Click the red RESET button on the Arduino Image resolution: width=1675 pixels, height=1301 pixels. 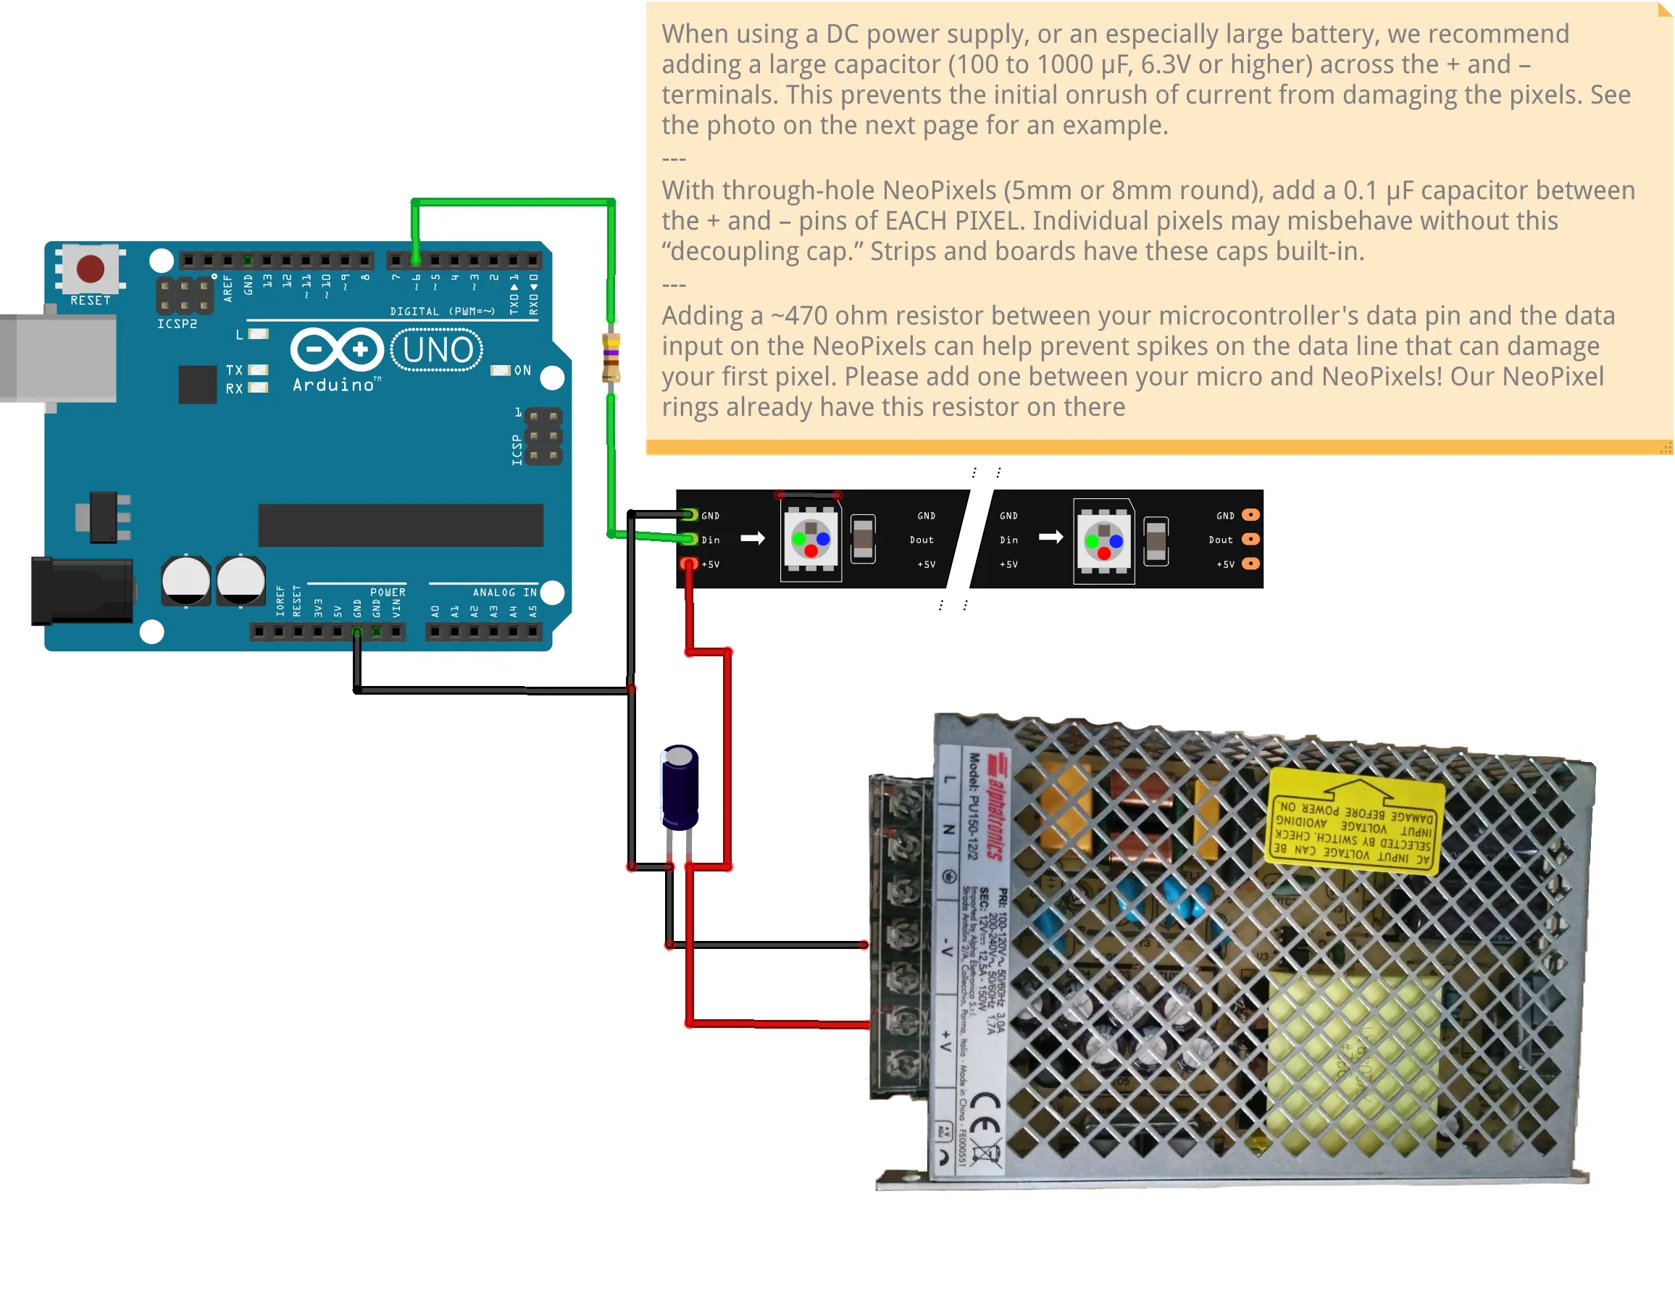click(91, 269)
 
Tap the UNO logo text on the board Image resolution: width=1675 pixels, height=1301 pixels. click(437, 351)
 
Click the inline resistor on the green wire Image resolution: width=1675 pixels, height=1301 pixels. click(611, 357)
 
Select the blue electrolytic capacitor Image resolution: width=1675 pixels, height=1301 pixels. click(680, 788)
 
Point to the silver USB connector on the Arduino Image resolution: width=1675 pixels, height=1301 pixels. click(62, 359)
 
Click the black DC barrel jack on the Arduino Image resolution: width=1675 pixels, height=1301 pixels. click(80, 591)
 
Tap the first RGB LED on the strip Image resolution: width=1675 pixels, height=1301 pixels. click(811, 539)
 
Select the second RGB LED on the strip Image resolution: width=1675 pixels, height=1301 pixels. click(1103, 541)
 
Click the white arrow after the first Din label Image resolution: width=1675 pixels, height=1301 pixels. click(752, 539)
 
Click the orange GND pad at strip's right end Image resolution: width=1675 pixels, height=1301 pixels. click(1250, 515)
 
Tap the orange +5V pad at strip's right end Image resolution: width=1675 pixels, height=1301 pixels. click(1250, 564)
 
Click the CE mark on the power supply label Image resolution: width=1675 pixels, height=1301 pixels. click(985, 1116)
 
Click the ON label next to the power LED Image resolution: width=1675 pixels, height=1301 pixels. click(522, 371)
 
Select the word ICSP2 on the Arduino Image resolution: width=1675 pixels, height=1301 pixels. click(177, 325)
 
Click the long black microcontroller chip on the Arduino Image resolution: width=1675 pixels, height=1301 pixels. click(401, 525)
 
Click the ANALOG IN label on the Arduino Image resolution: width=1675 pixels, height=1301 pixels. click(504, 593)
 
